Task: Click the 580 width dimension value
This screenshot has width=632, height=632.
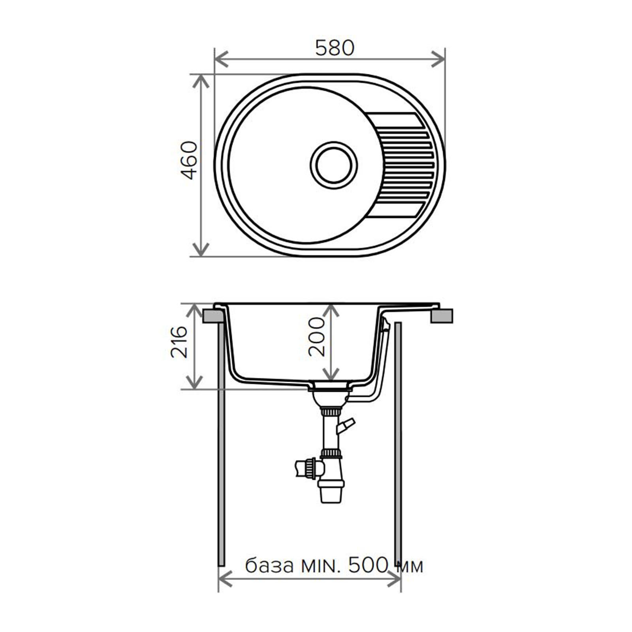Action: tap(335, 48)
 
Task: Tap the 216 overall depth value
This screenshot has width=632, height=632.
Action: tap(179, 342)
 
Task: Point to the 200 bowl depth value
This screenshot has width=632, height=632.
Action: tap(316, 337)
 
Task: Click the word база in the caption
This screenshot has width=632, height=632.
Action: tap(269, 566)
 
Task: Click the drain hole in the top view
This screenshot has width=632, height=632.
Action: tap(334, 165)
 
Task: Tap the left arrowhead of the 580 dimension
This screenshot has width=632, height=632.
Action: tap(221, 59)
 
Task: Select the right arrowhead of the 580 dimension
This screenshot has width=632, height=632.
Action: tap(438, 59)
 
